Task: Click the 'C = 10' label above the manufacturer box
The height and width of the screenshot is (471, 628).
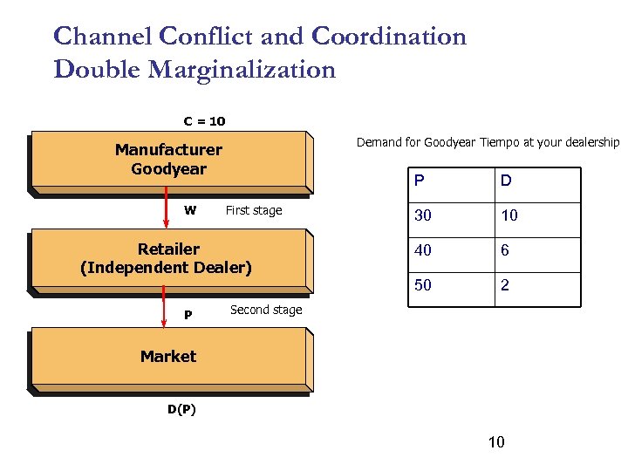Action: [203, 121]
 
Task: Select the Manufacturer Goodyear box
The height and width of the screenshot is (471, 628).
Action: [168, 160]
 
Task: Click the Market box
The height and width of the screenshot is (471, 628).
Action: [168, 357]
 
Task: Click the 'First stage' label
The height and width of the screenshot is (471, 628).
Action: [254, 210]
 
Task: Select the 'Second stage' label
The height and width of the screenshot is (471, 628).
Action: [266, 310]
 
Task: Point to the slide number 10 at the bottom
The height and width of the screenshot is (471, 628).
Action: [495, 442]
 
